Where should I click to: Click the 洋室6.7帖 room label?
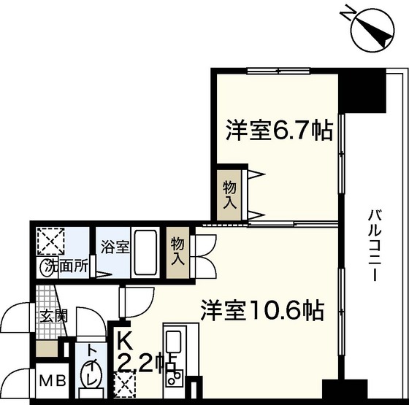pyautogui.click(x=280, y=131)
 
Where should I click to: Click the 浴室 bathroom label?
pyautogui.click(x=115, y=247)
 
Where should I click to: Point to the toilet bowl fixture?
pyautogui.click(x=91, y=381)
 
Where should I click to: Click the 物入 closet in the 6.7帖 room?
pyautogui.click(x=229, y=194)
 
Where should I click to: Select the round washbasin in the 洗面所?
pyautogui.click(x=46, y=267)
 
